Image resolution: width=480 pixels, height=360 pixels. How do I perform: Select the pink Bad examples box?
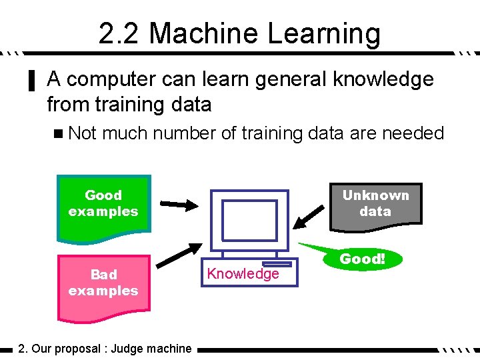pos(103,283)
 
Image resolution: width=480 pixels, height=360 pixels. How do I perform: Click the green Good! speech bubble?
pos(363,259)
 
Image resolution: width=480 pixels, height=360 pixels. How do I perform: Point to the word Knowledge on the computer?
pos(243,273)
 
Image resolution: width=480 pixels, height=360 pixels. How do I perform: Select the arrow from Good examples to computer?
pos(177,204)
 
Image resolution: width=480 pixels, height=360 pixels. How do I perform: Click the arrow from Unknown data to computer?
pos(311,215)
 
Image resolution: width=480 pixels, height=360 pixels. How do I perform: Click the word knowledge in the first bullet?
pos(383,80)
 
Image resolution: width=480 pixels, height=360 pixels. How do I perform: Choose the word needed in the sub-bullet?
pos(413,133)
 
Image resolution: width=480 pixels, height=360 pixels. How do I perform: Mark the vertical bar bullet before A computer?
pos(30,81)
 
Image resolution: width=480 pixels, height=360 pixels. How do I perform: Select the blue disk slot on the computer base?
pos(273,265)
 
